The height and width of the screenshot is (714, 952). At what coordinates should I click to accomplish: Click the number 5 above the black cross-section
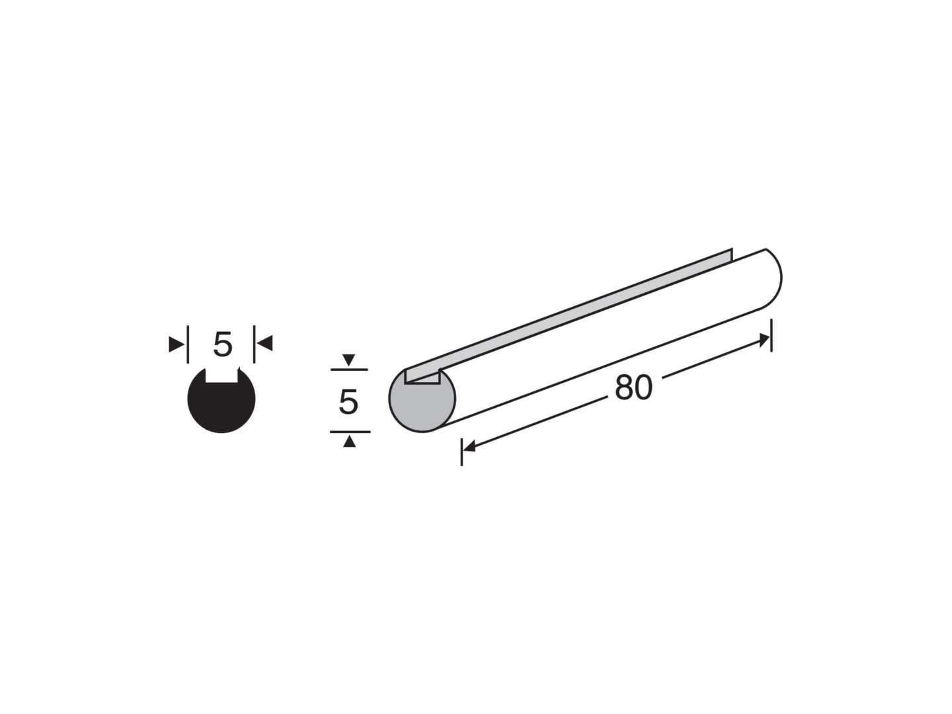[223, 344]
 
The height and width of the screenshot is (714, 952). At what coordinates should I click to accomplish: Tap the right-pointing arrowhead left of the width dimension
[176, 344]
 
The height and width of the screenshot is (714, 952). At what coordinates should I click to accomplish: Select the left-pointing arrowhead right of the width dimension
[264, 343]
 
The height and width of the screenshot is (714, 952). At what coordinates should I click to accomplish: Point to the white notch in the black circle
[222, 375]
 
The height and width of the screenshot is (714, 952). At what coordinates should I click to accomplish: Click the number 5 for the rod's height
[348, 402]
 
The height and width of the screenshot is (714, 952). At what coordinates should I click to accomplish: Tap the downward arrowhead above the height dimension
[348, 360]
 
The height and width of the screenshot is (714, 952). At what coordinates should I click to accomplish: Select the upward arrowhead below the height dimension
[349, 442]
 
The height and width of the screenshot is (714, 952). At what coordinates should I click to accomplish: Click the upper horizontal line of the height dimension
[349, 370]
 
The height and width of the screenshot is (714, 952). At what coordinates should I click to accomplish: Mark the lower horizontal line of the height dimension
[350, 432]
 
